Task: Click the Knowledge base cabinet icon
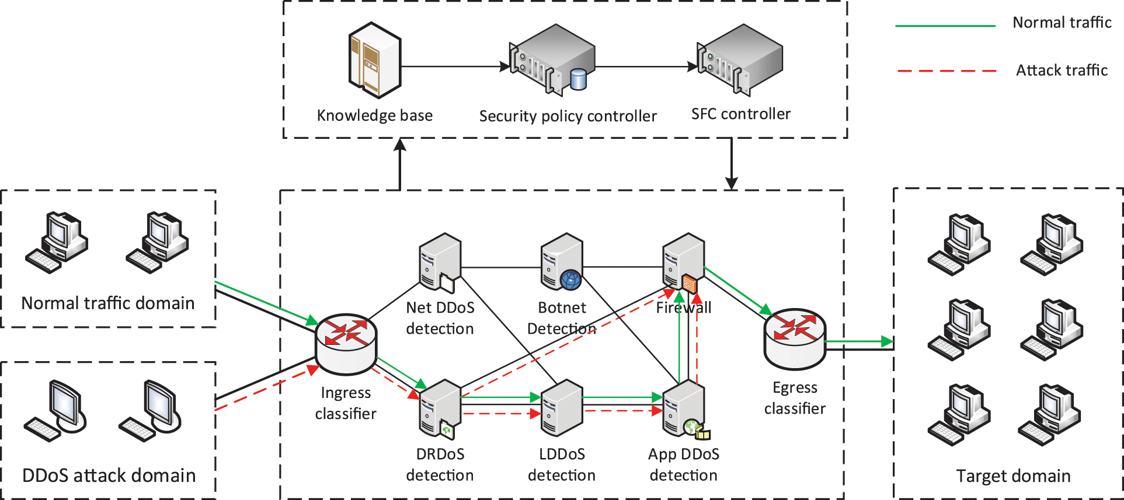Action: coord(374,60)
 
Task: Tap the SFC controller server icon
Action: coord(740,59)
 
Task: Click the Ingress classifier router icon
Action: coord(346,344)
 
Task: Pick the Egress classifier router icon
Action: coord(794,339)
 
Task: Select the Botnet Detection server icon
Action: coord(562,262)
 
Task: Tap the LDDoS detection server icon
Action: coord(562,408)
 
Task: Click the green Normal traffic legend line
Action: coord(945,26)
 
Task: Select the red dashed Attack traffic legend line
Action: coord(946,71)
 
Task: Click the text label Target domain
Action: coord(1013,476)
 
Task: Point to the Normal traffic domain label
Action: coord(108,303)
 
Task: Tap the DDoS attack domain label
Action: coord(109,475)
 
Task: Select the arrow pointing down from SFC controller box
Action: coord(731,164)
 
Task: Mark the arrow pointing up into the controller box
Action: coord(400,164)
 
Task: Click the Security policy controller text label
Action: coord(568,116)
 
